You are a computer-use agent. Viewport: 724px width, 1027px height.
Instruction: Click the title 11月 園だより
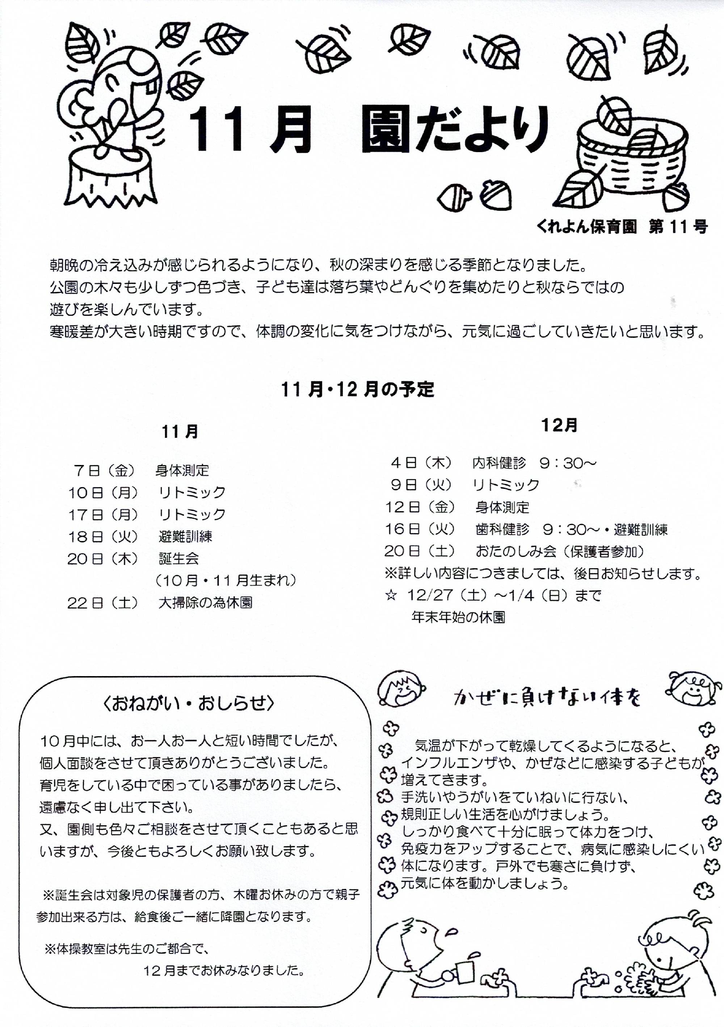pos(369,131)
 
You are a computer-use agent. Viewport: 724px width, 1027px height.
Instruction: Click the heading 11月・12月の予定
pos(357,390)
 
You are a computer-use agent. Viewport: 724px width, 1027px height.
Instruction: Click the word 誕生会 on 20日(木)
pos(178,558)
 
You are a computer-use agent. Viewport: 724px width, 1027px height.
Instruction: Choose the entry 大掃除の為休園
pos(205,603)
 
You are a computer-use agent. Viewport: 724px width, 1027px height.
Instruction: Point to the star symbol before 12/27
pos(391,595)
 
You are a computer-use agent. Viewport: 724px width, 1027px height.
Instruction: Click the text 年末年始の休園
pos(458,618)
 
